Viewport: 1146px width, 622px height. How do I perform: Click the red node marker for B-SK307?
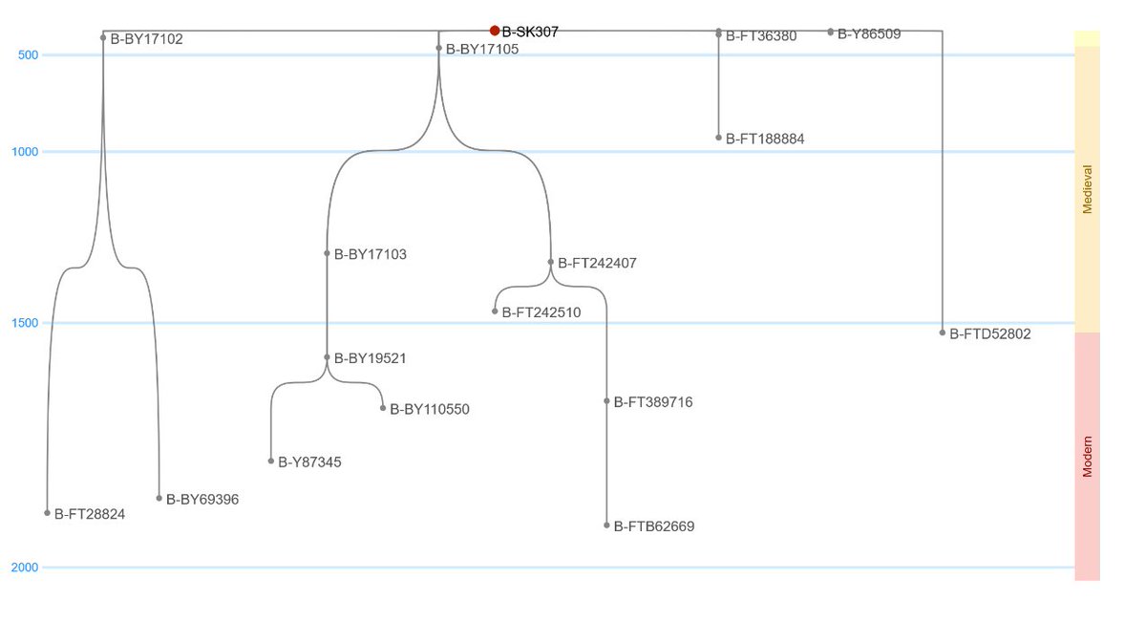click(x=495, y=31)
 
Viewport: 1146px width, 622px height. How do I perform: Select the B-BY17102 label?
click(x=146, y=39)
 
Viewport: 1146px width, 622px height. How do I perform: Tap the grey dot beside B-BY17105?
click(x=439, y=48)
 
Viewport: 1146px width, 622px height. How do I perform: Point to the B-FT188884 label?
click(x=765, y=139)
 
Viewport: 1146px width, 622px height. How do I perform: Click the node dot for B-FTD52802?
click(x=943, y=332)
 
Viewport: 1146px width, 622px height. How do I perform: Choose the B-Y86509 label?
click(x=869, y=33)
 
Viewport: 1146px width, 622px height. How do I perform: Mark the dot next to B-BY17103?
click(x=327, y=253)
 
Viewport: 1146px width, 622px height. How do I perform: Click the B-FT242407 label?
click(x=597, y=263)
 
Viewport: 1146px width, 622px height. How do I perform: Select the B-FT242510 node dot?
click(x=495, y=311)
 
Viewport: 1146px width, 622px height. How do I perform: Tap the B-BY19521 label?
click(x=371, y=358)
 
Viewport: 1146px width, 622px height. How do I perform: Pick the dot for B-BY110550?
click(x=383, y=408)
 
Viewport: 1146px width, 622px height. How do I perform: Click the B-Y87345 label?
click(x=309, y=462)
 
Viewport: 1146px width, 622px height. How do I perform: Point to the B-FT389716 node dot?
click(x=606, y=401)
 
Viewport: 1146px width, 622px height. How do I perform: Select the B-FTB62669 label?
click(x=654, y=526)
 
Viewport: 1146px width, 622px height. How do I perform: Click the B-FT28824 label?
click(x=90, y=514)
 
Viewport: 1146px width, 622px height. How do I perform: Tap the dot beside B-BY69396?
click(x=159, y=498)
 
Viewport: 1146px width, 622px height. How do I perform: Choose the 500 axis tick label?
click(x=29, y=54)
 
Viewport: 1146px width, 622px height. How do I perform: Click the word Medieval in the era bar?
click(x=1087, y=189)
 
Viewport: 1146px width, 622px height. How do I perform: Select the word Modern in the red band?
click(x=1087, y=456)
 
